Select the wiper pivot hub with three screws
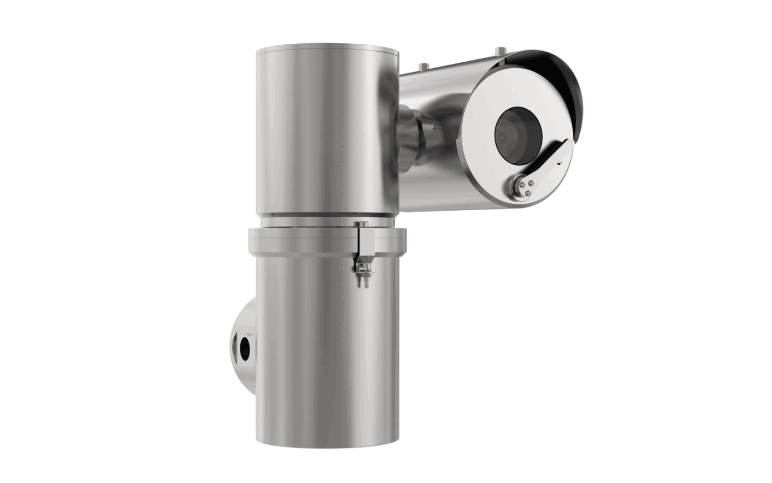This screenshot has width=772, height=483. [523, 185]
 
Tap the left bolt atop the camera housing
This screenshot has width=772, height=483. [423, 66]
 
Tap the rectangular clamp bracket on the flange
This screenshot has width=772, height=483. [364, 245]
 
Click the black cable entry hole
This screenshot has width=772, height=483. [245, 348]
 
